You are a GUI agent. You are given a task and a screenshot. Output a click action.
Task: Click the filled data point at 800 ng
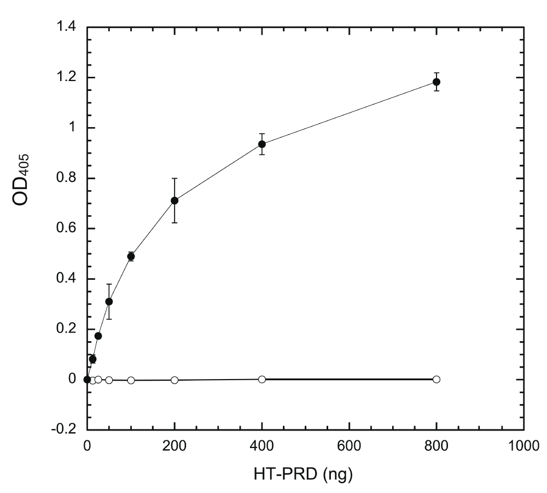point(437,82)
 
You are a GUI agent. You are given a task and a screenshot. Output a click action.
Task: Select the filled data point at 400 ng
point(262,144)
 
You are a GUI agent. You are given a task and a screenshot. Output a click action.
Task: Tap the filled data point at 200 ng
point(174,200)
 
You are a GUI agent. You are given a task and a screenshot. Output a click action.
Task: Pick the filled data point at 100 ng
point(131,256)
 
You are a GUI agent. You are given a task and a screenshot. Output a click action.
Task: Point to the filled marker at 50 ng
point(109,302)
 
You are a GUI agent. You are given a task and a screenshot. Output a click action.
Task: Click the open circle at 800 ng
point(437,379)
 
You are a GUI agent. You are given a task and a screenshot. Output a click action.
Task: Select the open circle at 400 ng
point(262,379)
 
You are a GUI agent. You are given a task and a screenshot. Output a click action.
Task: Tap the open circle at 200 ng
point(174,380)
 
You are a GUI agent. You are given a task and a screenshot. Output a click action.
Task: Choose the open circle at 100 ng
point(131,380)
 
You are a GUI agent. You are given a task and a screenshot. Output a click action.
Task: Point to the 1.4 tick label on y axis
point(65,27)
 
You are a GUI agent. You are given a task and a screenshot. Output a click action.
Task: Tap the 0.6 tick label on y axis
point(65,228)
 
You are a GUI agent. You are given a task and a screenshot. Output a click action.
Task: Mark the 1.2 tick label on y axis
point(65,78)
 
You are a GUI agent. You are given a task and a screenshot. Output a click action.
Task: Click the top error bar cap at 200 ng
point(174,178)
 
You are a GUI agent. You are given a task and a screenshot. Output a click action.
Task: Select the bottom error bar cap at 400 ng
point(262,154)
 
